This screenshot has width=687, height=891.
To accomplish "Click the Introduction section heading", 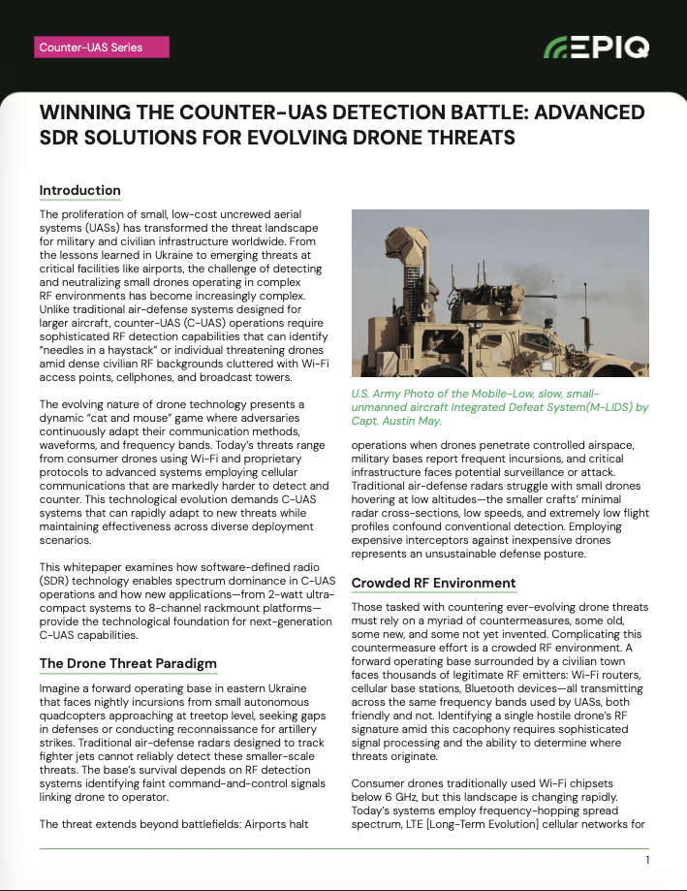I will click(x=79, y=190).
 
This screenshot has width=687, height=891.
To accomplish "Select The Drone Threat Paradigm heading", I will click(x=127, y=664).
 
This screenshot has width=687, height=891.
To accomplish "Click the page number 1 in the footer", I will click(x=646, y=860).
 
